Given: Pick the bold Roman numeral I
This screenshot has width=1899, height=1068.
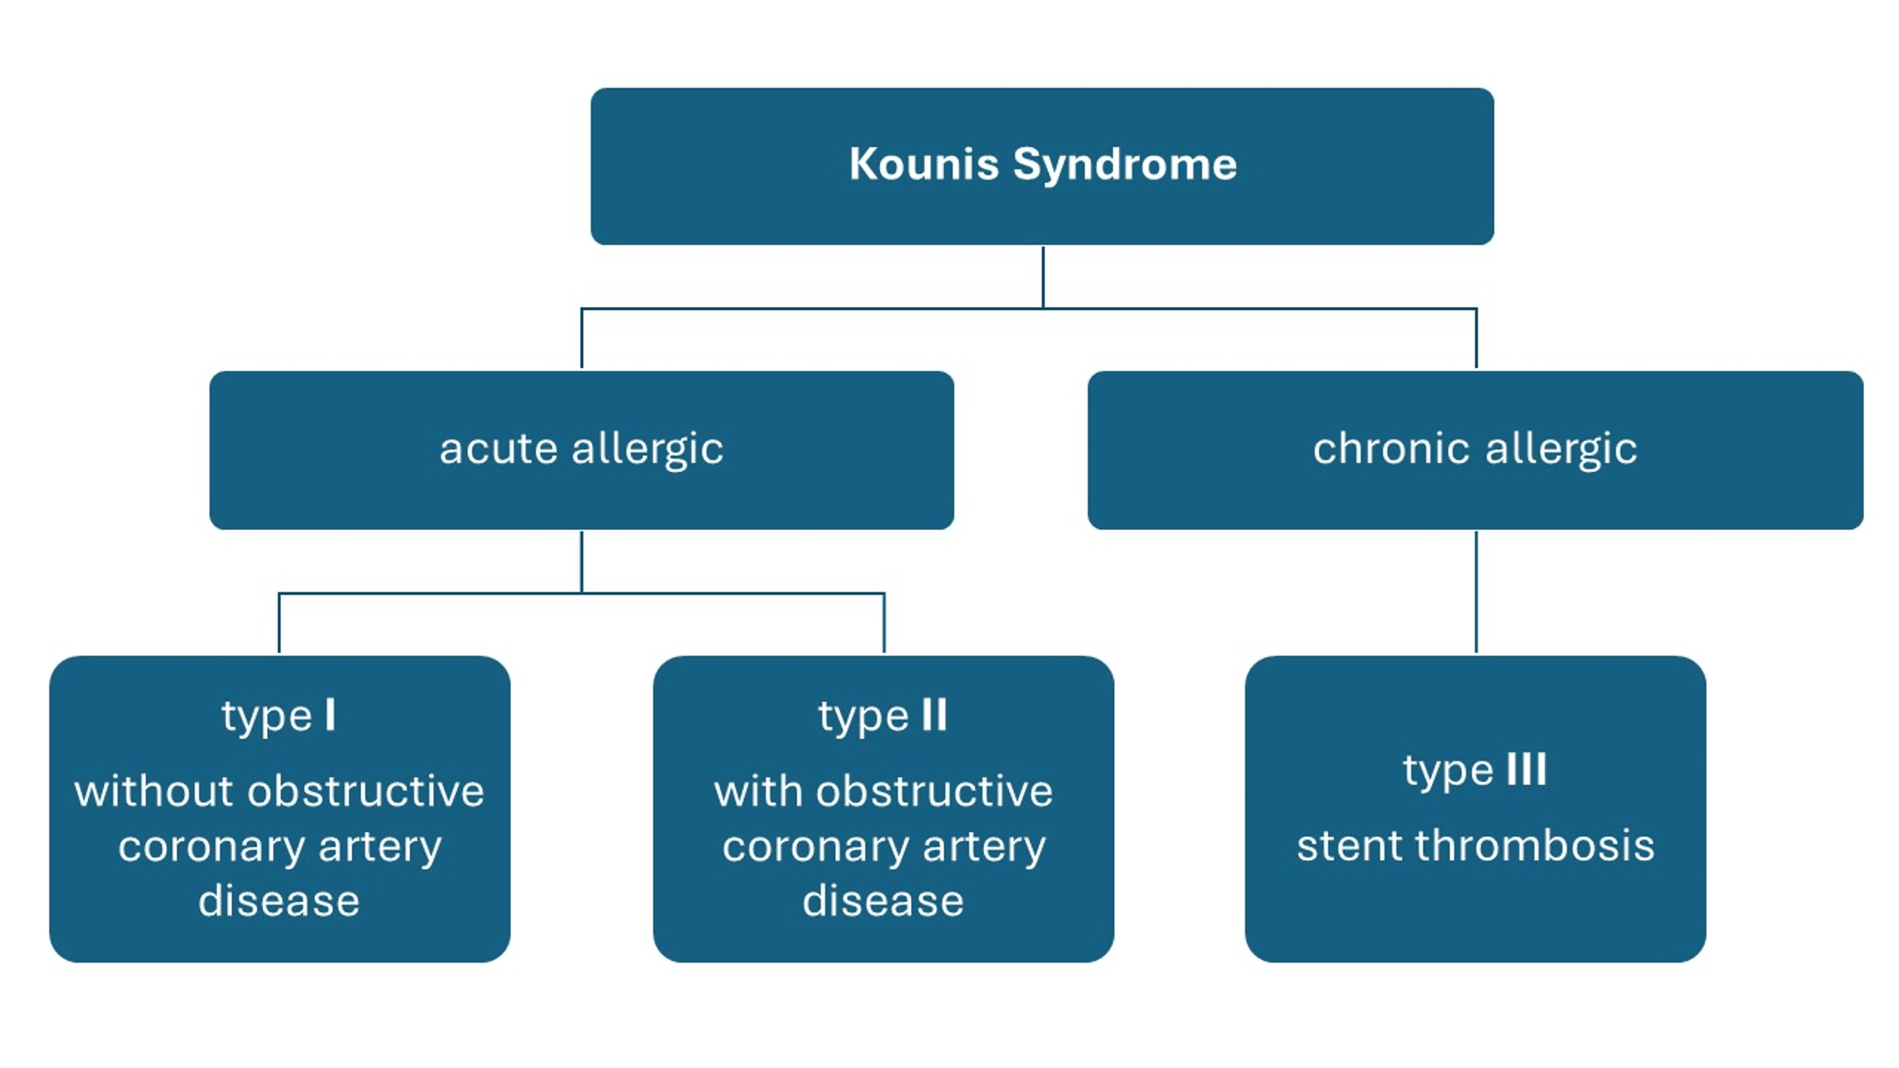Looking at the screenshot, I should click(330, 715).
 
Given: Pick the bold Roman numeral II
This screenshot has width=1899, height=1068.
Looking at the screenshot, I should click(934, 715).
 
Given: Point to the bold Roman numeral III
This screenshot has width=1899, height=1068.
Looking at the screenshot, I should click(1526, 770).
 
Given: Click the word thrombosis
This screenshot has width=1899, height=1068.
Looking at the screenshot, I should click(1533, 845).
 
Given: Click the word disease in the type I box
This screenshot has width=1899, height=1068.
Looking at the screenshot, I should click(279, 901).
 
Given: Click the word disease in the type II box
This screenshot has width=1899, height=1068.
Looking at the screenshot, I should click(882, 901).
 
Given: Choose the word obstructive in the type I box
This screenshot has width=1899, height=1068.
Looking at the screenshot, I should click(366, 792).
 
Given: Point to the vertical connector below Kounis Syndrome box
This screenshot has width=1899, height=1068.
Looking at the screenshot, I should click(1043, 276).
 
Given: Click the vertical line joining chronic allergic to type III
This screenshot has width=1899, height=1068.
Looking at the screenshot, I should click(1476, 592).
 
